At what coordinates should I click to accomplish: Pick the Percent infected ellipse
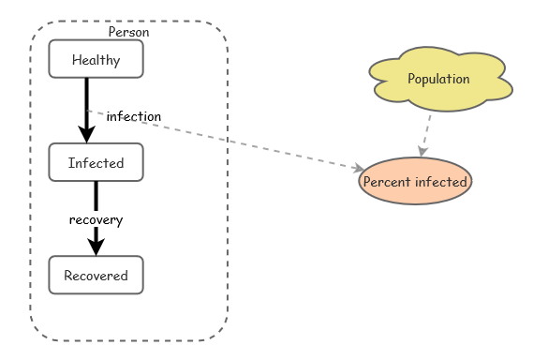click(x=415, y=181)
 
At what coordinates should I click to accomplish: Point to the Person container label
click(x=128, y=32)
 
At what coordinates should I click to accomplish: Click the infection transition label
click(x=133, y=116)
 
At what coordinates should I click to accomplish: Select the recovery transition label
click(x=96, y=219)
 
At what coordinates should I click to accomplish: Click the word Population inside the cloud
click(x=438, y=79)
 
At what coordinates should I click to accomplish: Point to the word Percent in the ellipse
click(x=386, y=182)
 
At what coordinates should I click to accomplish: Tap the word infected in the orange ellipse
click(x=440, y=182)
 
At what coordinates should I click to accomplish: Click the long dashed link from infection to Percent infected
click(x=234, y=143)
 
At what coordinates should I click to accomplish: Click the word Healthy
click(x=96, y=60)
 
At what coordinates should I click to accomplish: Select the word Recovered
click(x=96, y=276)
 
